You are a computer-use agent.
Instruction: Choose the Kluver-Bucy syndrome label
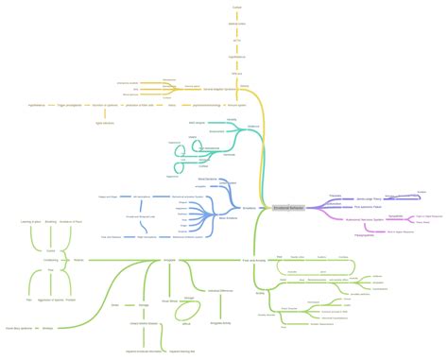(x=18, y=328)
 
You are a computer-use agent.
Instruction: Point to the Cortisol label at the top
(x=236, y=7)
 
